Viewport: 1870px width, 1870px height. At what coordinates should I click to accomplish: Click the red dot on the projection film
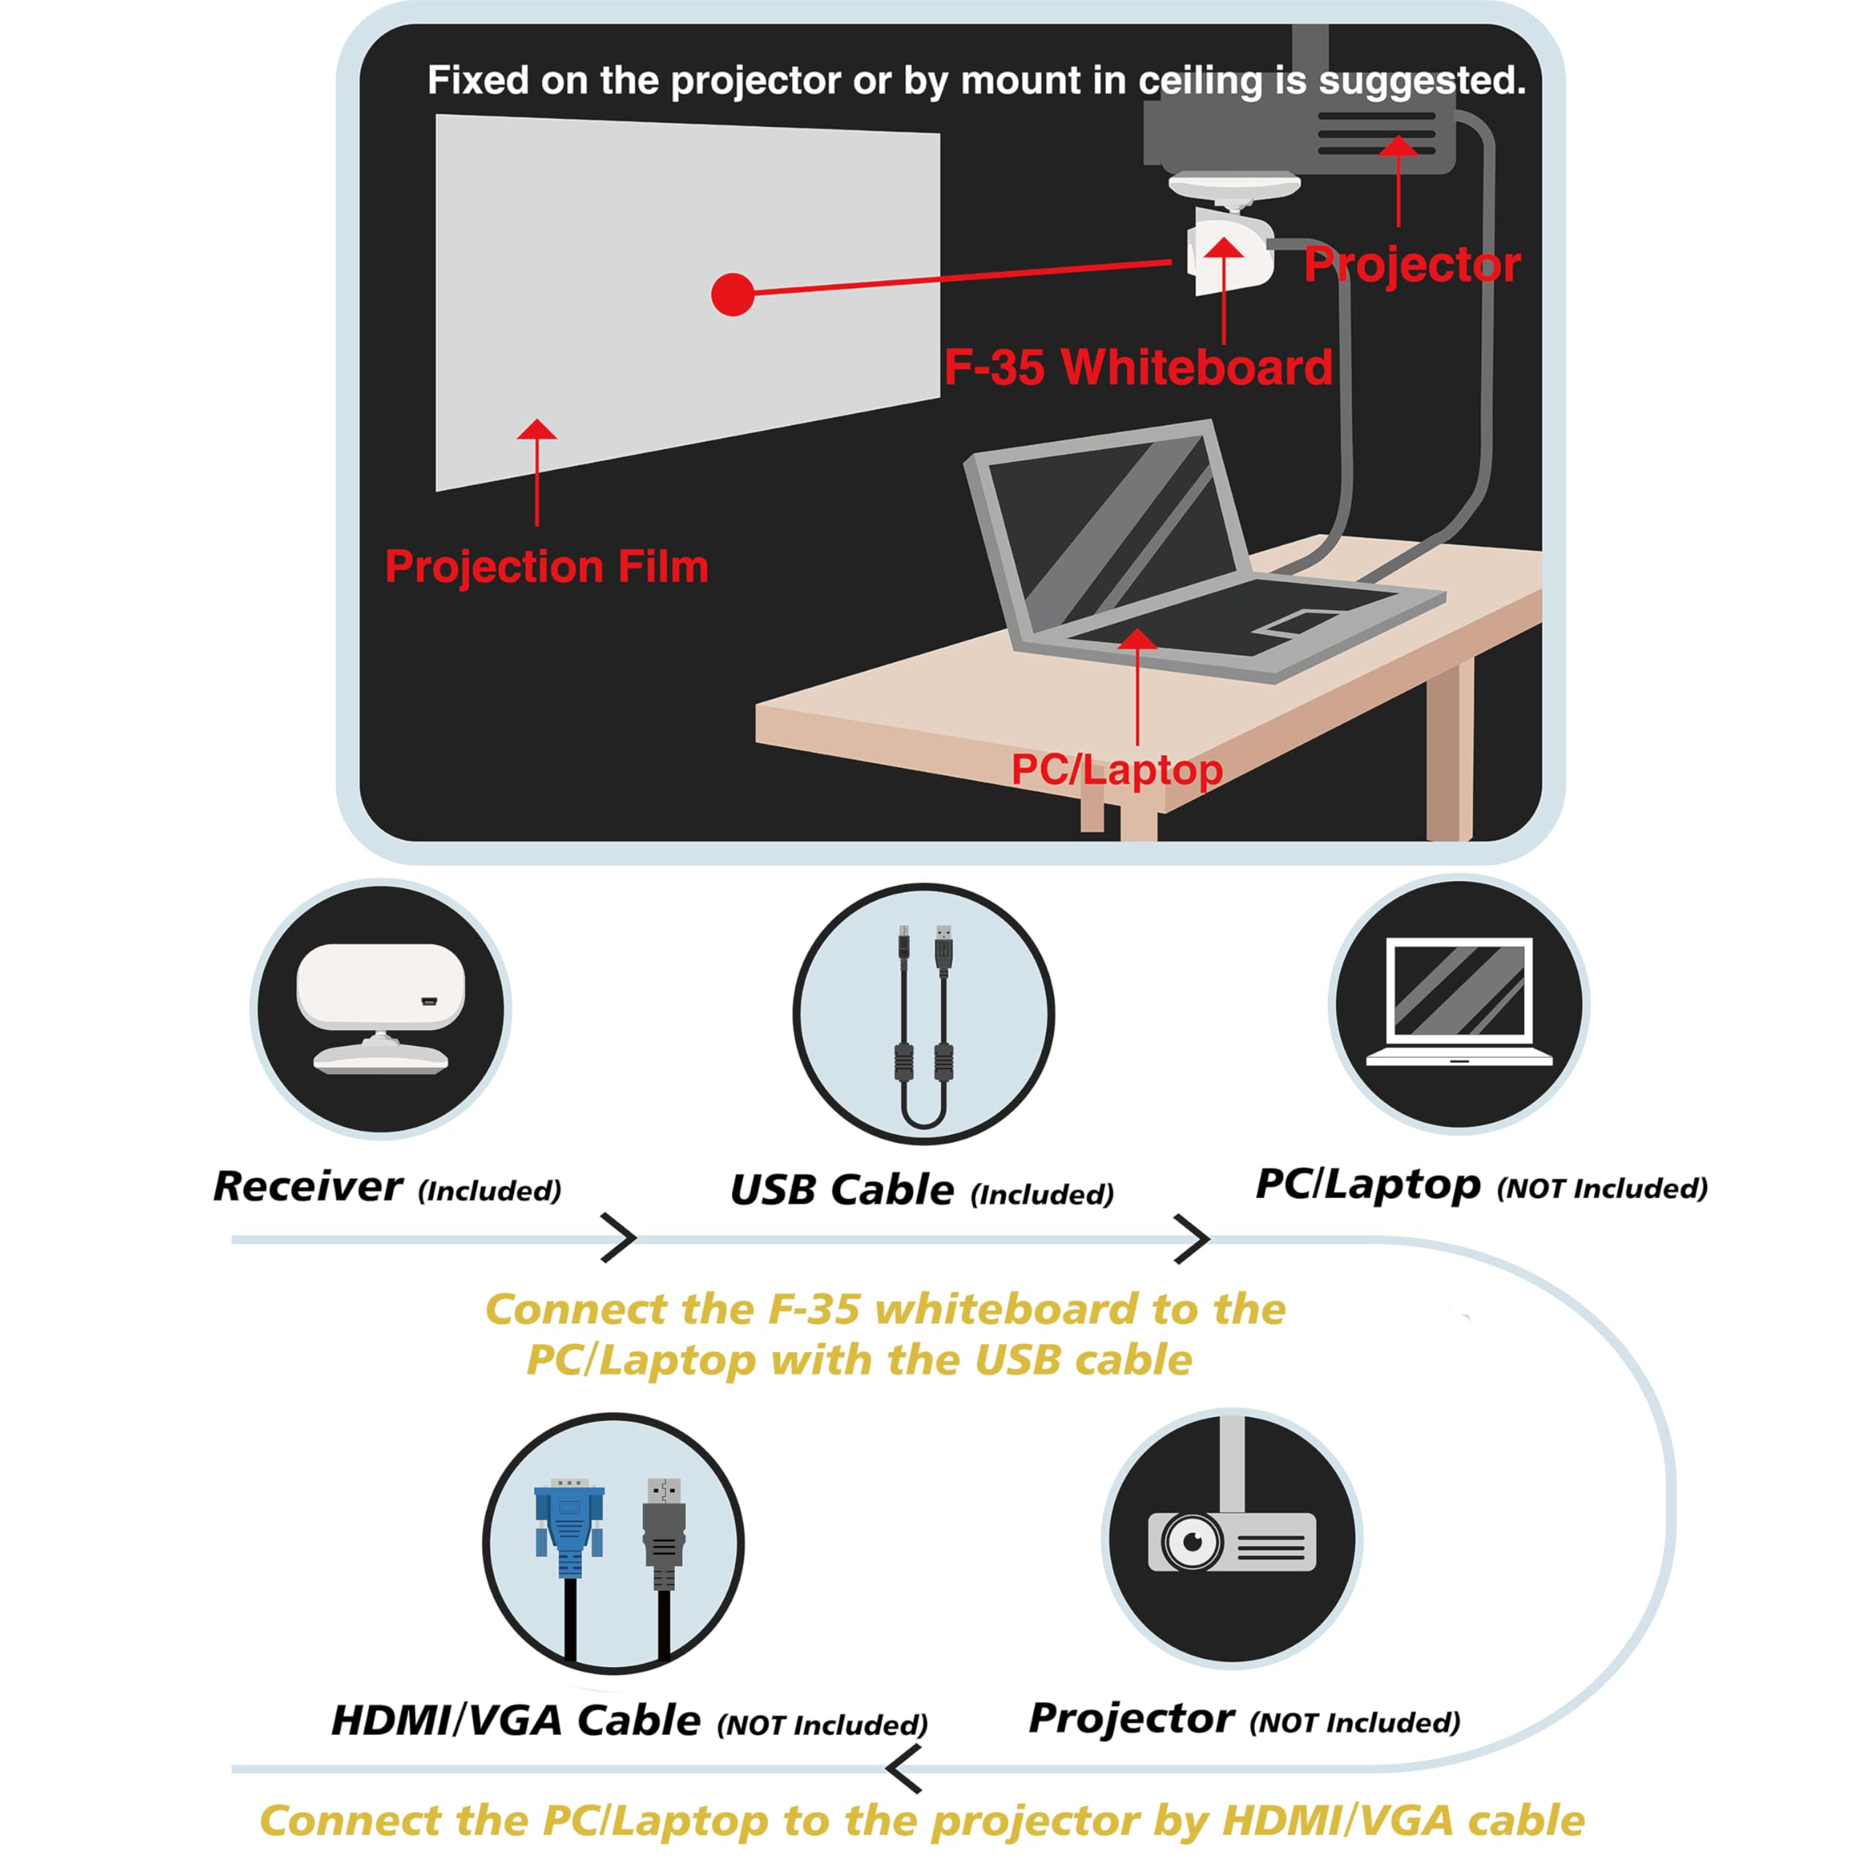(x=732, y=294)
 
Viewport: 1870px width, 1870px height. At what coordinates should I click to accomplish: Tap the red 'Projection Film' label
(x=547, y=566)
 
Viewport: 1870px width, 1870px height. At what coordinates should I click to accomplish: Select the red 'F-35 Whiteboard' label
(x=1137, y=368)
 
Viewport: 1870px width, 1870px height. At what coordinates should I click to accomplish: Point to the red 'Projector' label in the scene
(x=1411, y=265)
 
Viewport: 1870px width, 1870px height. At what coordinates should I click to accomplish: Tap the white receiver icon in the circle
(x=381, y=1007)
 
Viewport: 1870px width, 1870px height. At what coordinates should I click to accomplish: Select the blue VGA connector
(x=569, y=1522)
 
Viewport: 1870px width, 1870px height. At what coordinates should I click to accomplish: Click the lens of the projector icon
(x=1192, y=1541)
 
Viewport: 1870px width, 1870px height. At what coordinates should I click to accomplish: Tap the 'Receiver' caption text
(x=307, y=1187)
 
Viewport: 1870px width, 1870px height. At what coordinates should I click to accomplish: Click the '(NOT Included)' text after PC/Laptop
(x=1602, y=1188)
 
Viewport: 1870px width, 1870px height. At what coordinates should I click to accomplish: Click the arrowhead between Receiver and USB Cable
(x=620, y=1238)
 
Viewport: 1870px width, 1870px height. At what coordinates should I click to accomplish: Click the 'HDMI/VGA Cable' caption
(x=516, y=1720)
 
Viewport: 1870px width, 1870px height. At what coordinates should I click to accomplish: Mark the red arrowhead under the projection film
(x=537, y=431)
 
